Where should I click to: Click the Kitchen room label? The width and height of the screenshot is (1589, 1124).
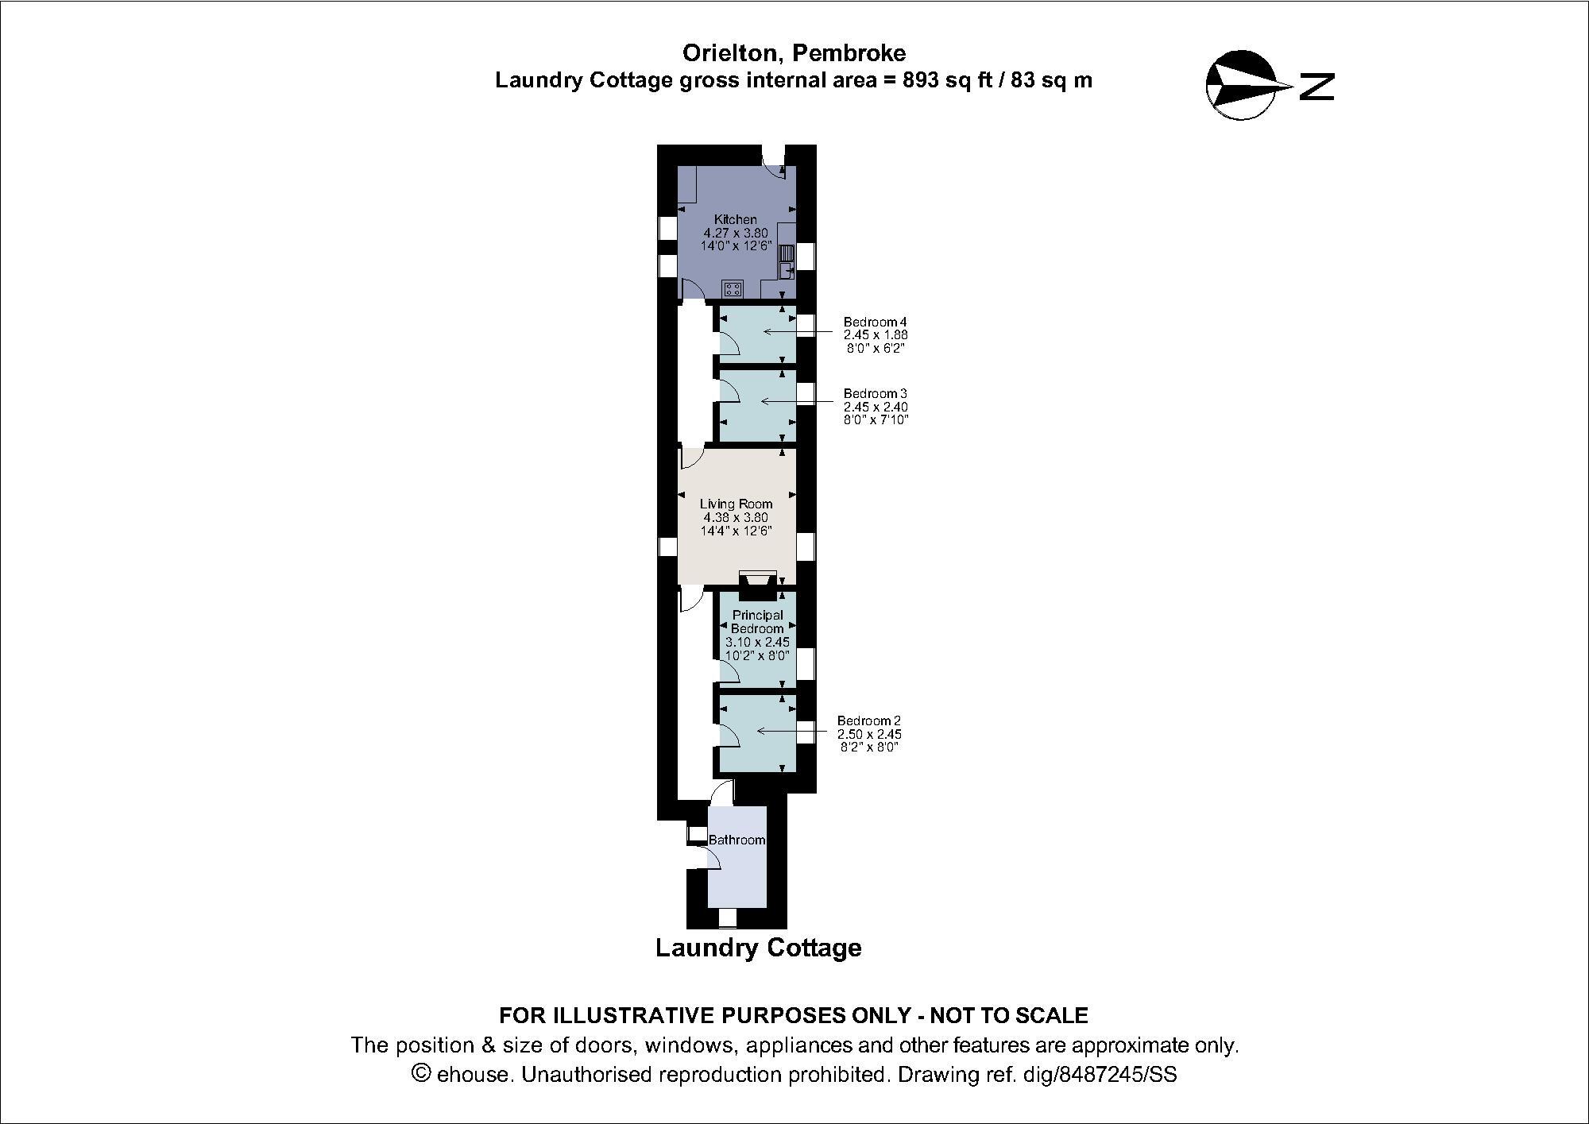735,219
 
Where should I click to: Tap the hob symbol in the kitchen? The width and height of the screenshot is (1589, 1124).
733,288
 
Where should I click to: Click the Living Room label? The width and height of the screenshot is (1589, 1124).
736,504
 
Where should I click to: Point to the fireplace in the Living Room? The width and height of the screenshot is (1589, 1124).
758,585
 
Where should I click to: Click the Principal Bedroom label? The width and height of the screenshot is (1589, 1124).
757,621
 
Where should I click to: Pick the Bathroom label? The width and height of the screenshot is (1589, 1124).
737,840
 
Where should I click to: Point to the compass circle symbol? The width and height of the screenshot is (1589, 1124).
1240,85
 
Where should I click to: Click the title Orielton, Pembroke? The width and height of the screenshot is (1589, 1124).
794,53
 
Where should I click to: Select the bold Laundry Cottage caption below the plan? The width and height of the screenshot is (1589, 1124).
758,948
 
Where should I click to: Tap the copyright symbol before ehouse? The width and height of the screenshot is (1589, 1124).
422,1074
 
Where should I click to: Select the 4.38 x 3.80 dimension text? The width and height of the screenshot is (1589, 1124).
736,517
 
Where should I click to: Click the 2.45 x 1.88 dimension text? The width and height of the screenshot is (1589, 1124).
875,335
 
